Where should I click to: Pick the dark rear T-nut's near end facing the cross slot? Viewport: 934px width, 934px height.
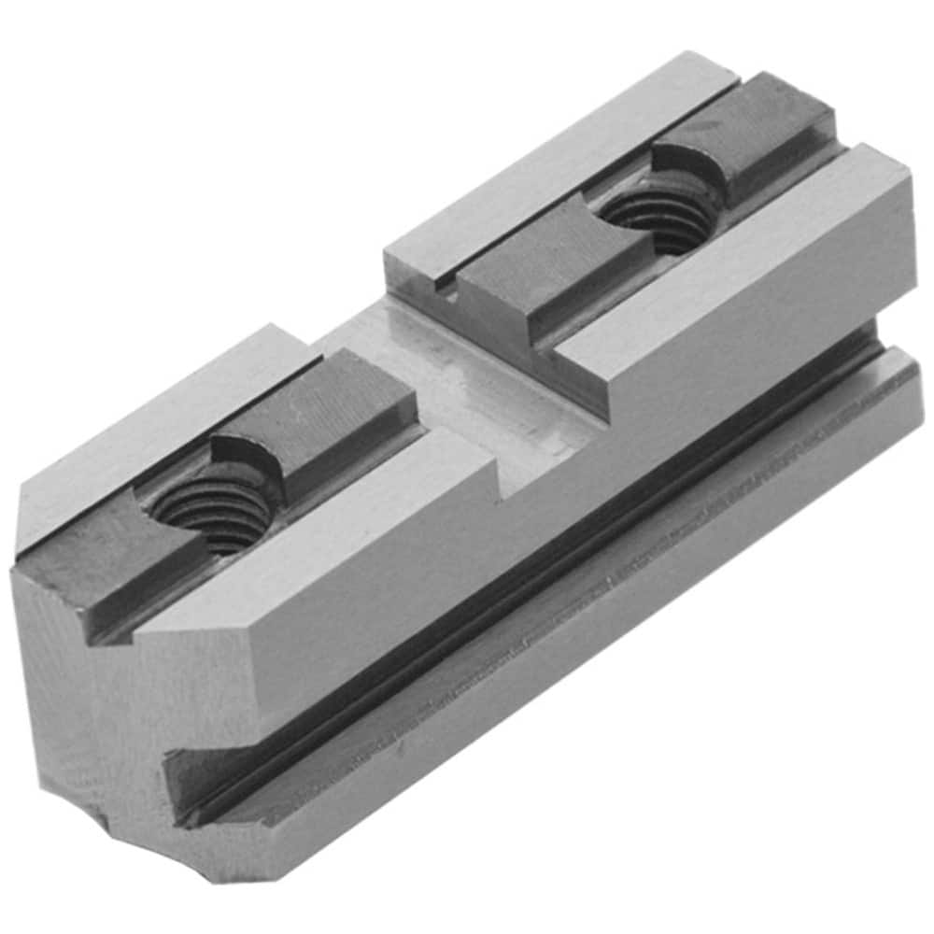[523, 280]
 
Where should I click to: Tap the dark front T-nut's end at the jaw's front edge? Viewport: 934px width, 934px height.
[103, 570]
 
